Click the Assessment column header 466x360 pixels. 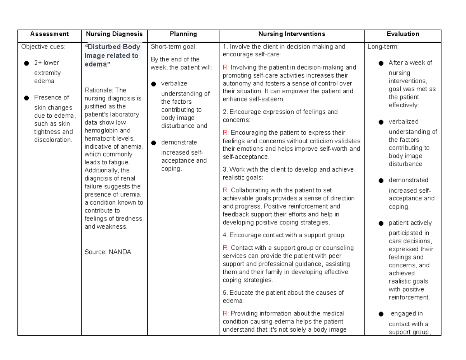[49, 34]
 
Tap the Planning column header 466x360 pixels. [183, 34]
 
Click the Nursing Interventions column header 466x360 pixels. [291, 34]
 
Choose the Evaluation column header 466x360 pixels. [403, 34]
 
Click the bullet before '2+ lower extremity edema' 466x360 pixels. [26, 63]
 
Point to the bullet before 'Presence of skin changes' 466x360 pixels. [26, 98]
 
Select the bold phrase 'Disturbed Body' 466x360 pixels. [113, 47]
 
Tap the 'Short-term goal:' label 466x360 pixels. [174, 47]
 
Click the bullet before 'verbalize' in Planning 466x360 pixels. [153, 84]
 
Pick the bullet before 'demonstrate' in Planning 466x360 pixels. [153, 143]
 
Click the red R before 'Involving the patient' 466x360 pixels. [225, 68]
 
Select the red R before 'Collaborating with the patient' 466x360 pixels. [225, 190]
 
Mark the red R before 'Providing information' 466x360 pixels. [225, 313]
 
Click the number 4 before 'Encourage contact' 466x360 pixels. [224, 235]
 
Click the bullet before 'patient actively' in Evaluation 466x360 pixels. [381, 224]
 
